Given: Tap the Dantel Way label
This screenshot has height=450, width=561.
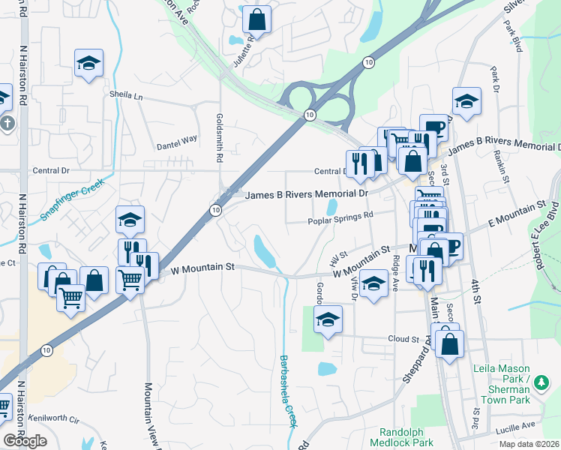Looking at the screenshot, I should click(x=176, y=139).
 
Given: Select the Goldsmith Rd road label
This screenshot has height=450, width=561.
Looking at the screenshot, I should click(x=220, y=138).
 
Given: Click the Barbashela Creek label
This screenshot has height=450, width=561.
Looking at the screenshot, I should click(x=286, y=389).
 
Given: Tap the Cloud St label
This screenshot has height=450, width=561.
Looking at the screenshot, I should click(x=403, y=339).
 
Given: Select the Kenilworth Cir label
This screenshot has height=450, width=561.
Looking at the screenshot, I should click(x=53, y=418).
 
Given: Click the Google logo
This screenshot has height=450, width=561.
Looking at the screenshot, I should click(x=25, y=441).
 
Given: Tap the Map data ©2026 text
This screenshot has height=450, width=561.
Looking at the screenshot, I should click(x=529, y=444).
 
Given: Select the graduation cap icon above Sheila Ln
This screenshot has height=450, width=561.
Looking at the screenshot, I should click(x=88, y=63).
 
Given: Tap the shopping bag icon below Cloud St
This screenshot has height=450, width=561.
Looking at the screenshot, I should click(x=449, y=345).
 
